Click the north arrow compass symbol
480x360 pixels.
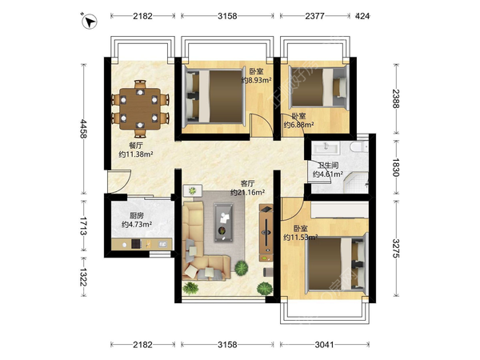[90, 22]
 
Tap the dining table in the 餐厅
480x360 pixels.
[139, 109]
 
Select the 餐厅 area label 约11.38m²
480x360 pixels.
[136, 154]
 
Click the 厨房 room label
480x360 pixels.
[136, 215]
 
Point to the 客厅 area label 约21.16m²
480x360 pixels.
[248, 193]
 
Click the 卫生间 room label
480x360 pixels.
[328, 166]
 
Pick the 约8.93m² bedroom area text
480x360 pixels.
[257, 80]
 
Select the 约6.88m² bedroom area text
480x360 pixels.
[298, 125]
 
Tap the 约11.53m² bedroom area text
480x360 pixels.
[300, 238]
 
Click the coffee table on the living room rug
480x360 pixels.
[224, 222]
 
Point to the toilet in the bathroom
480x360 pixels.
[359, 146]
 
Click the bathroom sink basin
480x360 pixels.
[326, 147]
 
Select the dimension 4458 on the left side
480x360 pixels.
[83, 129]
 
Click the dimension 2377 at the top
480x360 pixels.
[314, 16]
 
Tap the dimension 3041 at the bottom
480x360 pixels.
[324, 345]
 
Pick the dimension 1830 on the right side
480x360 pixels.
[395, 167]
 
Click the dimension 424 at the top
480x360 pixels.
[362, 16]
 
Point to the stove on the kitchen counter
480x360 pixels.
[136, 244]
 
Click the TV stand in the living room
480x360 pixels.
[266, 233]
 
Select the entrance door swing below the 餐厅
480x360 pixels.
[119, 182]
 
